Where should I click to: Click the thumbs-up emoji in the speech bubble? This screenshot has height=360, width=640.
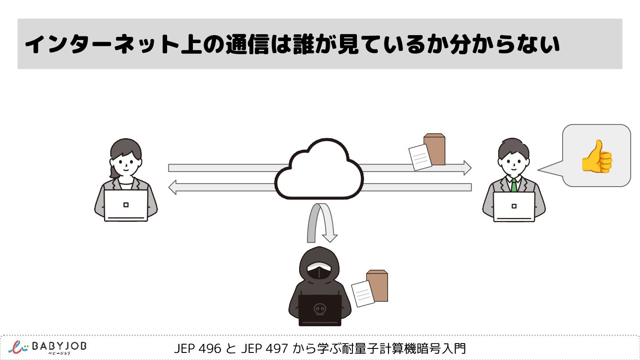point(597,156)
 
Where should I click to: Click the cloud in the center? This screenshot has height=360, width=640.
point(319,171)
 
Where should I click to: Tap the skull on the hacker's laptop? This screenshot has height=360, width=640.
point(319,309)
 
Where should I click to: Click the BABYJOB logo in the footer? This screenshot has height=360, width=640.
point(47,347)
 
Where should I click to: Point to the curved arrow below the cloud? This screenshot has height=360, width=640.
point(321,222)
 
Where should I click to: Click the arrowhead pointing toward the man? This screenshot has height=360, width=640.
point(466,168)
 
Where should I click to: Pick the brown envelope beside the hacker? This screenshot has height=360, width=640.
point(378,285)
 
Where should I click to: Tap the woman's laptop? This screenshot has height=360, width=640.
point(126,205)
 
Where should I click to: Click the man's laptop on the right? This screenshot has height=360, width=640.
point(514,206)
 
